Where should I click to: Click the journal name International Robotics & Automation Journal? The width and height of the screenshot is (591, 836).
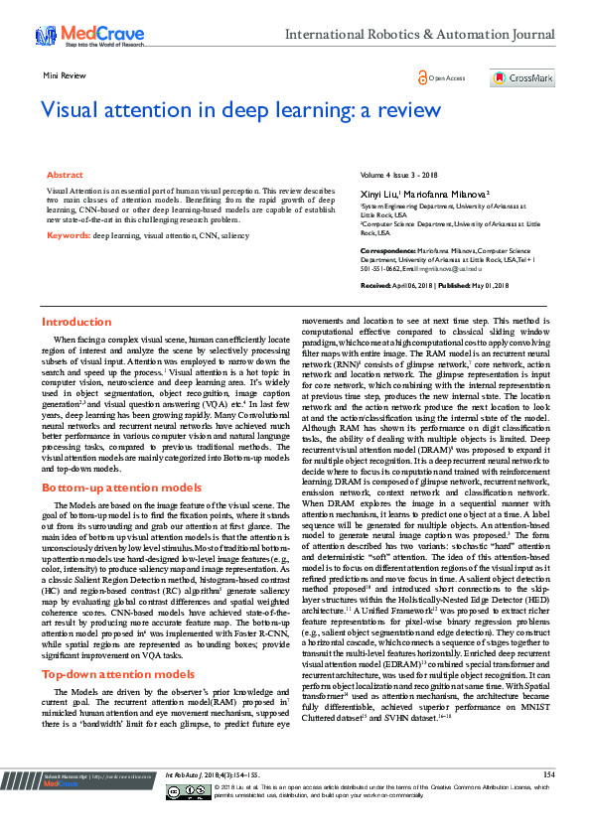pos(420,35)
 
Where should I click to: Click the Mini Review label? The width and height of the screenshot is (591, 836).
pos(63,75)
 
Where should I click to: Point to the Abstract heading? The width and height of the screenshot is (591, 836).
pos(66,174)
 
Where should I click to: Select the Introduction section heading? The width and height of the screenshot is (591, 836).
pos(76,323)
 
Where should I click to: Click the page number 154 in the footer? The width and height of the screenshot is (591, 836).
pos(548,800)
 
